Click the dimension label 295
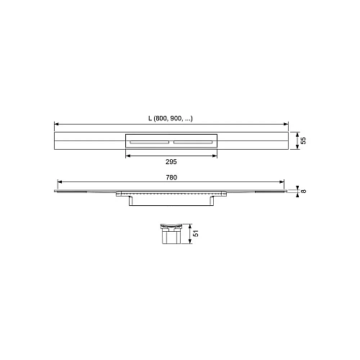[171, 162]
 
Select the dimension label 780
[171, 177]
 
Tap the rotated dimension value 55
[303, 140]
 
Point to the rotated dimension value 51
[196, 233]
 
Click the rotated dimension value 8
[303, 192]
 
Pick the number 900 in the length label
[176, 118]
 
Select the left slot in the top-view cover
[149, 143]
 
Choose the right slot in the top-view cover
[193, 143]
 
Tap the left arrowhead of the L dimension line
[57, 124]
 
